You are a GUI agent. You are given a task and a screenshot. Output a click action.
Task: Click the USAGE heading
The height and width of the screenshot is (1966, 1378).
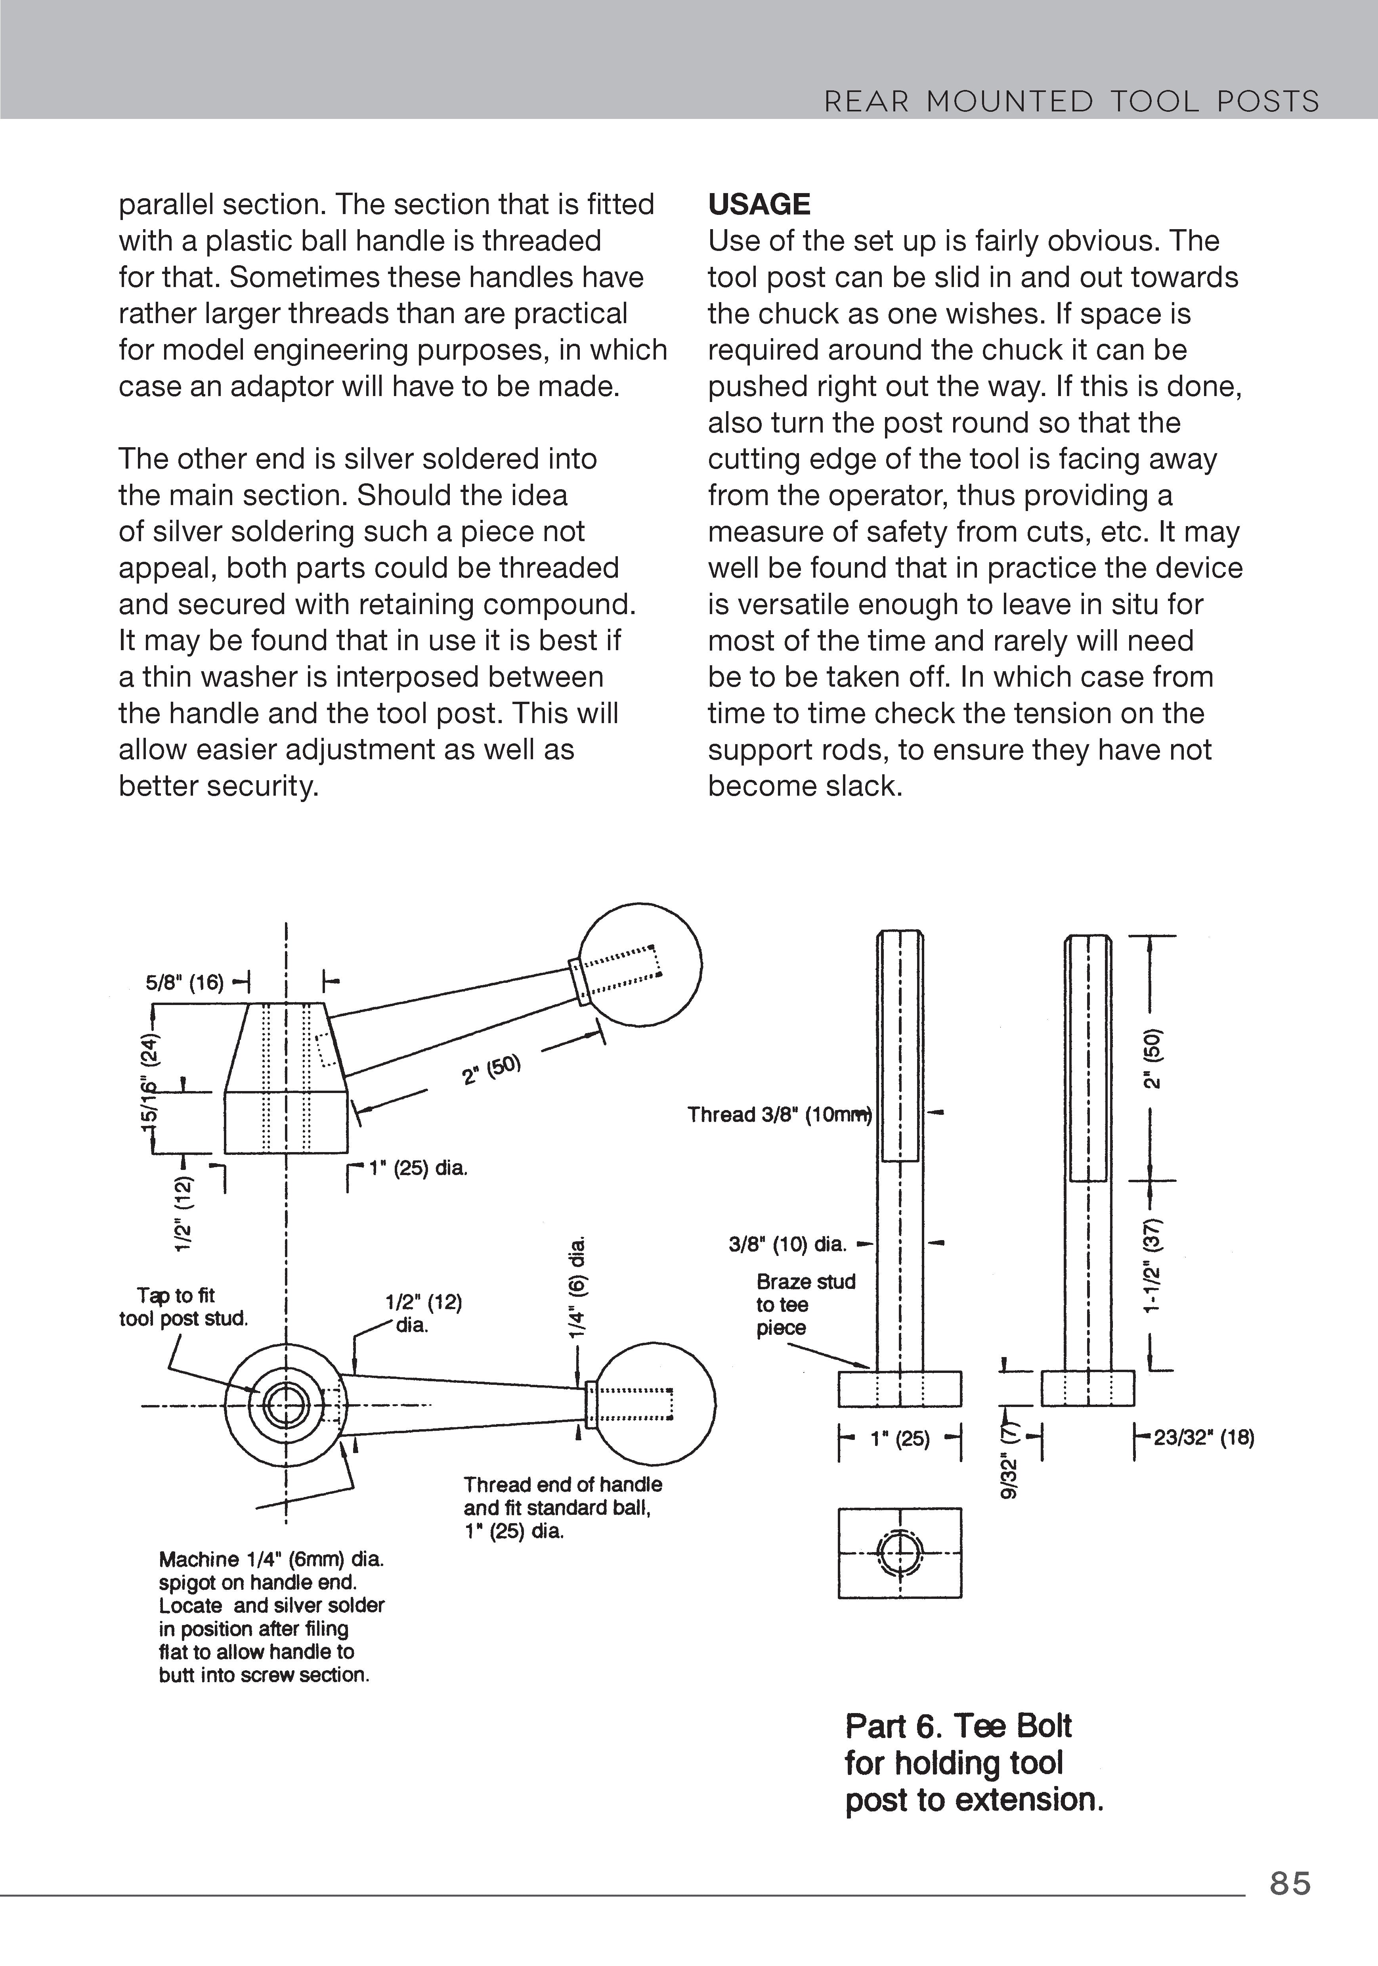(758, 205)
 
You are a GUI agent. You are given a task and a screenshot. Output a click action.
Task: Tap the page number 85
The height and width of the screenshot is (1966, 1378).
(1290, 1884)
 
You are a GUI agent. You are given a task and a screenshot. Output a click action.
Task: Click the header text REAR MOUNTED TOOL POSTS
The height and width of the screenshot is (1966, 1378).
(1071, 102)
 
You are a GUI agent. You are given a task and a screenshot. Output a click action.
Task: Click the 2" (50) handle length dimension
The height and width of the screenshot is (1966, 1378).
(491, 1068)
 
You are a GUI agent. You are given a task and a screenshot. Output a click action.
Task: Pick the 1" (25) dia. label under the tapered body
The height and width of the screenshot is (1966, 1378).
(418, 1168)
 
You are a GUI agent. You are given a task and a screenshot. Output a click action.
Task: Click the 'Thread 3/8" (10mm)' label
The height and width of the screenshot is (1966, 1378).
(779, 1114)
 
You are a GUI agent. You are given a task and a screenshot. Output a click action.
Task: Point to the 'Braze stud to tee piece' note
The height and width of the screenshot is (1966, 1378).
(805, 1304)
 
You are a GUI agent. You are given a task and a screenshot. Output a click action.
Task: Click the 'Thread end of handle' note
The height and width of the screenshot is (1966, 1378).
(562, 1484)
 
